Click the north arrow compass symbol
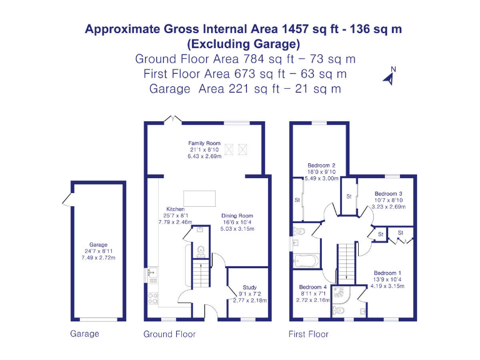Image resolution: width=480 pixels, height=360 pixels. [x=390, y=76]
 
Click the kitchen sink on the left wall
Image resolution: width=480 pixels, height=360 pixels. [x=152, y=273]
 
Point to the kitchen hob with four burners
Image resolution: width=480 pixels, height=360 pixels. [x=152, y=297]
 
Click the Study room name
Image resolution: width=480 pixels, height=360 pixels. [x=249, y=287]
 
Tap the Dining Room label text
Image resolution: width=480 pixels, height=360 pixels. [x=237, y=216]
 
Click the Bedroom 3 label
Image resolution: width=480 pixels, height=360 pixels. [x=387, y=194]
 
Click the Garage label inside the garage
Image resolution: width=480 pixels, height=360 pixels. [x=98, y=244]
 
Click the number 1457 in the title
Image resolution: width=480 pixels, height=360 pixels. [x=299, y=29]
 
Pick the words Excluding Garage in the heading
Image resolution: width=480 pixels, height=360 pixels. [x=243, y=44]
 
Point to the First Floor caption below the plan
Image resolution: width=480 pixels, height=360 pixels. [x=308, y=334]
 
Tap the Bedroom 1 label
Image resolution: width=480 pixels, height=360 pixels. [x=387, y=273]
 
